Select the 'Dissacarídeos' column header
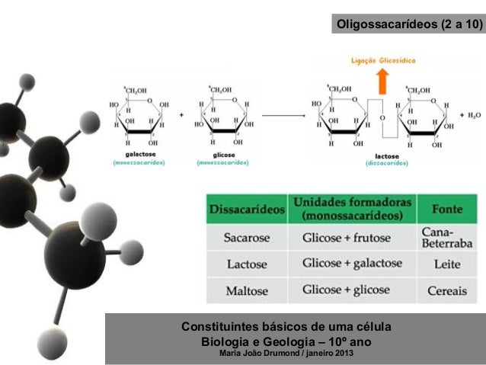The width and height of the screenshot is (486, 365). (x=245, y=207)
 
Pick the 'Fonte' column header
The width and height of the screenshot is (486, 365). (x=448, y=208)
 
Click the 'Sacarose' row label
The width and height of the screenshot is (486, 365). (x=246, y=238)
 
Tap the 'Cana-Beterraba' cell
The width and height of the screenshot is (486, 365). (x=447, y=237)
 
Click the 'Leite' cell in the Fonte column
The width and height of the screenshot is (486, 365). (x=448, y=264)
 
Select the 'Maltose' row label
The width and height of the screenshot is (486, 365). (x=246, y=290)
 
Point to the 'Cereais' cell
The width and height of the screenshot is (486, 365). (x=448, y=290)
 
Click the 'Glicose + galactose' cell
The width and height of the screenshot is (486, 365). (x=352, y=264)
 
